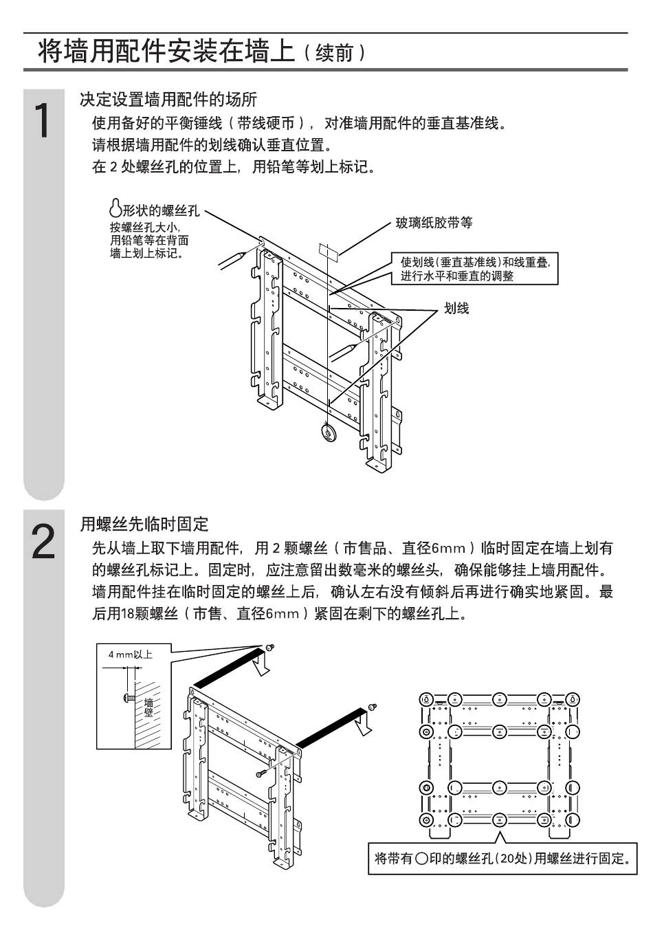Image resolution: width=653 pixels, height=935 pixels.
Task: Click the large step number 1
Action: tap(43, 121)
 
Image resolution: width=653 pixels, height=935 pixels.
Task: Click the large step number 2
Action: tap(43, 542)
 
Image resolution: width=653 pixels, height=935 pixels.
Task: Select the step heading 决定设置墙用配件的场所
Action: tap(168, 100)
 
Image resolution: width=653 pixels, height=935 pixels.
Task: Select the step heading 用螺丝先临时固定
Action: tap(144, 525)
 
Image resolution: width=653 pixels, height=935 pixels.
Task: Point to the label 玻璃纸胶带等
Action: tap(434, 223)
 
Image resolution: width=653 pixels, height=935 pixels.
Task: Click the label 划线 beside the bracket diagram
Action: tap(456, 309)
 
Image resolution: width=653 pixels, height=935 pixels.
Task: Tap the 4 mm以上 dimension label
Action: tap(130, 654)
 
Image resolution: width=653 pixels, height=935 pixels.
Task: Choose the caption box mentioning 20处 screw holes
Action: tap(502, 858)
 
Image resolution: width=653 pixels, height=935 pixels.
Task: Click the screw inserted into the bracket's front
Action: tap(262, 773)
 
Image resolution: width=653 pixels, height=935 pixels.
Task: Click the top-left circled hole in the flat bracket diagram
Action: tap(426, 698)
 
